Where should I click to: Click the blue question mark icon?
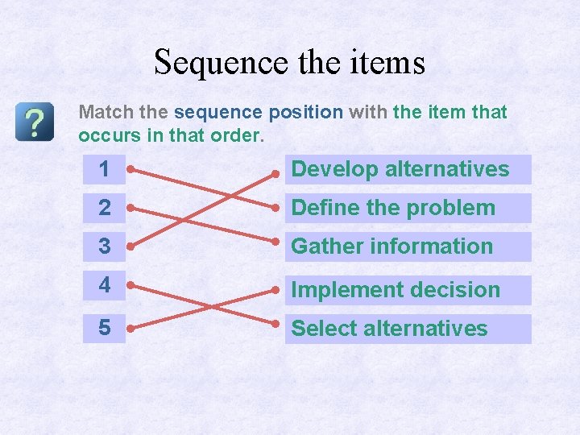(x=34, y=122)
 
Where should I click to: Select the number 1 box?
(x=104, y=169)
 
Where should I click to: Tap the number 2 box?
(x=104, y=208)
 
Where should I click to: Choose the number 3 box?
(x=104, y=246)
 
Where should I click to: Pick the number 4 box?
(x=104, y=286)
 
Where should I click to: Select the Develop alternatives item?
(x=408, y=169)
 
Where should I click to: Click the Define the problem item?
(x=408, y=208)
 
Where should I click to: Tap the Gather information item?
(x=408, y=246)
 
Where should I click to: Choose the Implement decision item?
(x=408, y=290)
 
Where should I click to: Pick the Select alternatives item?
(x=408, y=329)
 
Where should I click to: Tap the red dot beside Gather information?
(x=275, y=245)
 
